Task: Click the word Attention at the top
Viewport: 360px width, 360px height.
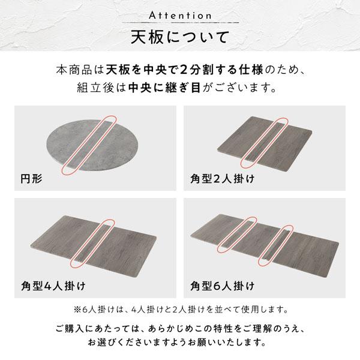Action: (x=179, y=14)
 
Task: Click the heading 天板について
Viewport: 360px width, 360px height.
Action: (x=179, y=37)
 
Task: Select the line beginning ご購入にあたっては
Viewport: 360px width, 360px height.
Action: (x=180, y=329)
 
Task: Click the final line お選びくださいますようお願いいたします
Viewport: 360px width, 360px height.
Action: (x=180, y=345)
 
